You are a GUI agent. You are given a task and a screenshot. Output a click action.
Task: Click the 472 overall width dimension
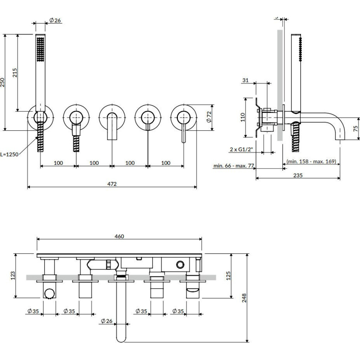(112, 184)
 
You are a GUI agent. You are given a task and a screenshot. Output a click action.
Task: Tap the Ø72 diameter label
(209, 117)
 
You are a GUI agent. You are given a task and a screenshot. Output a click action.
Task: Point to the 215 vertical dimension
(15, 73)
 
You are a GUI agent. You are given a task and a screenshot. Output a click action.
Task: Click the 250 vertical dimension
(3, 82)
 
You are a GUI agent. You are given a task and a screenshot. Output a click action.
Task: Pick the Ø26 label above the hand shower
(55, 21)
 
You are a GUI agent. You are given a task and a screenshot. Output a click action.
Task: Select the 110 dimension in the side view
(243, 117)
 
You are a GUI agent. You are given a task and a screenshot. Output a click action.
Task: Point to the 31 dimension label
(246, 80)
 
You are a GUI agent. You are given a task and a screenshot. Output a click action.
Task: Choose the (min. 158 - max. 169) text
(312, 161)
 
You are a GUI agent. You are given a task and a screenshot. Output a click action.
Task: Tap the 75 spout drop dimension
(356, 129)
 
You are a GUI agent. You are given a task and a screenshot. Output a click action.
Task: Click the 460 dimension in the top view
(119, 236)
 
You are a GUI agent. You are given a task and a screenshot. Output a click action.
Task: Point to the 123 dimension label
(13, 276)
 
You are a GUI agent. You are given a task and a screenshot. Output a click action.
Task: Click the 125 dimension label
(229, 276)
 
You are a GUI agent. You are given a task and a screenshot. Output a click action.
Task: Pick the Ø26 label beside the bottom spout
(107, 321)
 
